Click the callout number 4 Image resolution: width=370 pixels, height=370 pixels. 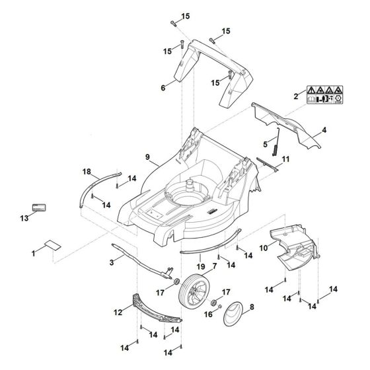(324, 131)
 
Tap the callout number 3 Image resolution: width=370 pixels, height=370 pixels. (112, 263)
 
